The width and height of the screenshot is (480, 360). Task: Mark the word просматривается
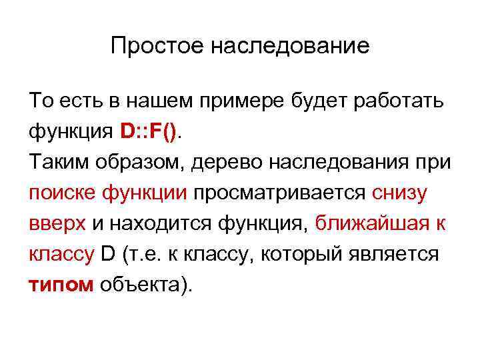point(279,193)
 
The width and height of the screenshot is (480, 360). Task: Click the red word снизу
point(401,193)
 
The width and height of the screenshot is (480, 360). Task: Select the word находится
point(152,224)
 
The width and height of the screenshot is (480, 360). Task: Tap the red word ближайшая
point(371,224)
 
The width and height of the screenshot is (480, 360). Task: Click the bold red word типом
point(62,286)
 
